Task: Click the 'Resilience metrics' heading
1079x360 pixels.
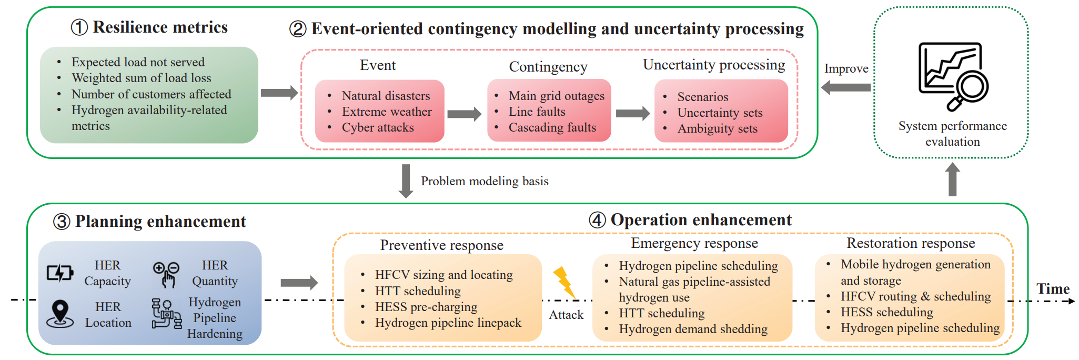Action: [160, 27]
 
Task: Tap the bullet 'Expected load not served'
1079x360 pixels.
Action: [138, 62]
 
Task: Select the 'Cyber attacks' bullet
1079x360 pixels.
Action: [378, 127]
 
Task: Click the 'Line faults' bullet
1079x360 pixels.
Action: [537, 112]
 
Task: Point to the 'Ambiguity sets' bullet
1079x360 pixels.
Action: [718, 128]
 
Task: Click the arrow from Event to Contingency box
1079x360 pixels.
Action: [465, 114]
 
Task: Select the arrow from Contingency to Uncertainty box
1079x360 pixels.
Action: [633, 113]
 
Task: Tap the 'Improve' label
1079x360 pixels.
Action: [846, 69]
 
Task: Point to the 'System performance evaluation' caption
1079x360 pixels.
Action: [953, 134]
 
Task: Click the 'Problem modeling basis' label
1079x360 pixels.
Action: [485, 181]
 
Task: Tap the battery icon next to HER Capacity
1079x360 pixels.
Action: [60, 273]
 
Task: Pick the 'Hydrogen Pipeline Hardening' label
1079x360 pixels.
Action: [215, 318]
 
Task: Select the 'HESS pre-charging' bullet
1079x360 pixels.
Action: [426, 307]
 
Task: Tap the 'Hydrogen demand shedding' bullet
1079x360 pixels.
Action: [693, 329]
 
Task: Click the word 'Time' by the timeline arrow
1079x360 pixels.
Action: [1053, 289]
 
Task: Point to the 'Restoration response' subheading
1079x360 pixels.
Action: [911, 243]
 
